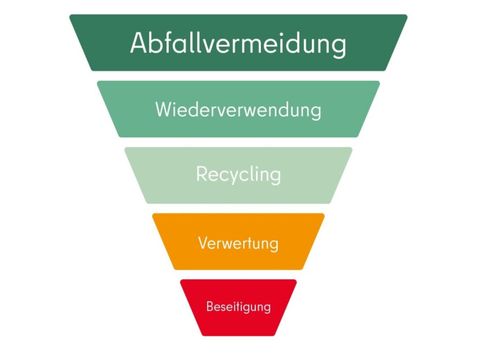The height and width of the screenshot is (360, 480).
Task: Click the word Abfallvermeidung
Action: pyautogui.click(x=238, y=44)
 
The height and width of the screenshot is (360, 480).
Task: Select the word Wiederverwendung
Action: pyautogui.click(x=238, y=109)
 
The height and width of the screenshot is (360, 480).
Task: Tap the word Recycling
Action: pyautogui.click(x=238, y=175)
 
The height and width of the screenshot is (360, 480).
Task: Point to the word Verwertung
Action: pyautogui.click(x=238, y=243)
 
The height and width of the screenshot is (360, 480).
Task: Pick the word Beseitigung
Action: pyautogui.click(x=238, y=305)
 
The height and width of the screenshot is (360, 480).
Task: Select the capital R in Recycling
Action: pyautogui.click(x=201, y=174)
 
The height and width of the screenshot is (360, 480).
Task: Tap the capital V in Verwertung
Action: pyautogui.click(x=203, y=243)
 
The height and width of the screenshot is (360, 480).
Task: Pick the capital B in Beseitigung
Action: pyautogui.click(x=210, y=305)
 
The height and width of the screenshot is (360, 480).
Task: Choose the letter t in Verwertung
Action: pyautogui.click(x=252, y=243)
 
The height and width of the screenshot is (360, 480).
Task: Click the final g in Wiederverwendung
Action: pyautogui.click(x=316, y=112)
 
